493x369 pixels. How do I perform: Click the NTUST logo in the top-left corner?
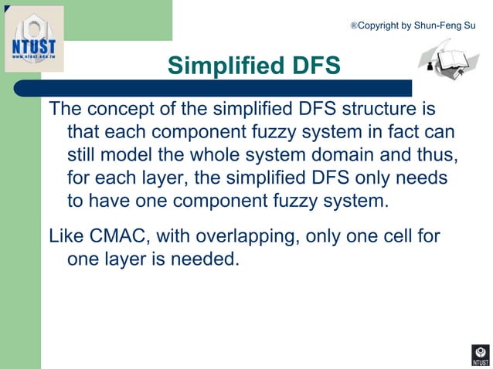(x=34, y=42)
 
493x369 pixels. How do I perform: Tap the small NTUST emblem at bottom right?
(x=480, y=356)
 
